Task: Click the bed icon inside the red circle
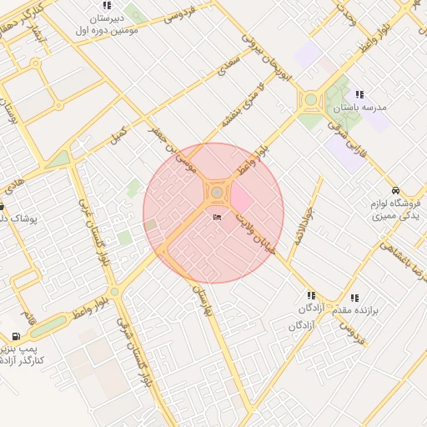pyautogui.click(x=218, y=218)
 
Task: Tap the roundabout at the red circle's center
pyautogui.click(x=217, y=193)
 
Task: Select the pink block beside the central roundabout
pyautogui.click(x=241, y=198)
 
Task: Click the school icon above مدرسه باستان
pyautogui.click(x=359, y=95)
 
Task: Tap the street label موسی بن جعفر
pyautogui.click(x=169, y=151)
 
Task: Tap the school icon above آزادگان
pyautogui.click(x=311, y=295)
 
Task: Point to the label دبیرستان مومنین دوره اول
pyautogui.click(x=106, y=23)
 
